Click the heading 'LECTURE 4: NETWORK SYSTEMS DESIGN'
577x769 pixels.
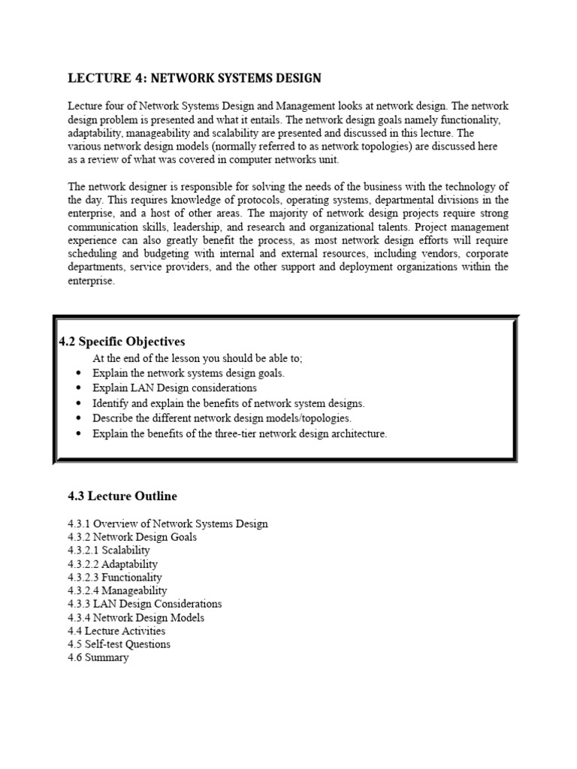point(195,78)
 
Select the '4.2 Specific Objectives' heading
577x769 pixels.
point(122,342)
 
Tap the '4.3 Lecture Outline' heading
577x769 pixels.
point(122,496)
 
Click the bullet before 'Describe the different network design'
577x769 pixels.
point(79,419)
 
